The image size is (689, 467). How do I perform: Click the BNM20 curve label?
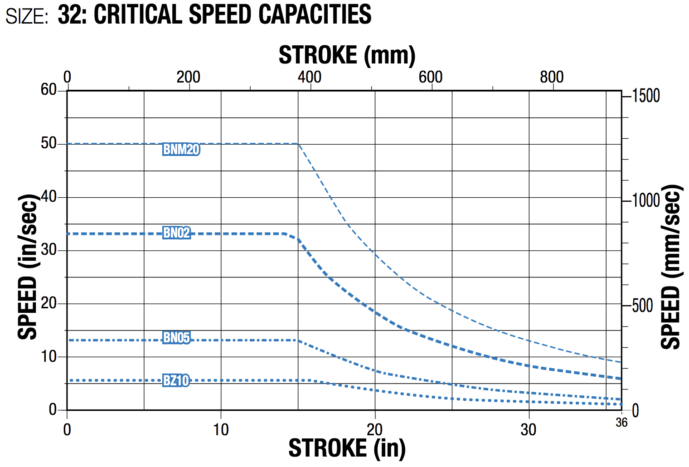181,149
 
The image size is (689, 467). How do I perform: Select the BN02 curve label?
176,233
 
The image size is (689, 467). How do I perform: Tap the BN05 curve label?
176,337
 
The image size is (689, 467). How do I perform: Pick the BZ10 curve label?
176,380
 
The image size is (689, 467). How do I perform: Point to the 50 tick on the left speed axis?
49,144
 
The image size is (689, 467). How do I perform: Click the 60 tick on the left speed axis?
49,90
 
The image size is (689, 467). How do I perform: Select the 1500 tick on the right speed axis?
646,96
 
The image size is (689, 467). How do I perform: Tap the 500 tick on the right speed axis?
643,306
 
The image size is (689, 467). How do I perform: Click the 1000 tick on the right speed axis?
646,200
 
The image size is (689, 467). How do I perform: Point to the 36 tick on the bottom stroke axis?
621,423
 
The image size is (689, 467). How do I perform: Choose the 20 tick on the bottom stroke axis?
374,429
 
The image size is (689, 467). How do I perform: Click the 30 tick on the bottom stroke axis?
529,429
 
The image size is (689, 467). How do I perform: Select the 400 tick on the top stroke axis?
310,77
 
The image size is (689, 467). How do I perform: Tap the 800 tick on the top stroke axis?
552,77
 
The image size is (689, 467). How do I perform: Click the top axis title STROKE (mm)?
347,55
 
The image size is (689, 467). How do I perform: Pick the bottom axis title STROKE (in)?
347,448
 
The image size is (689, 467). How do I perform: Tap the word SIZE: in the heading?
27,16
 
